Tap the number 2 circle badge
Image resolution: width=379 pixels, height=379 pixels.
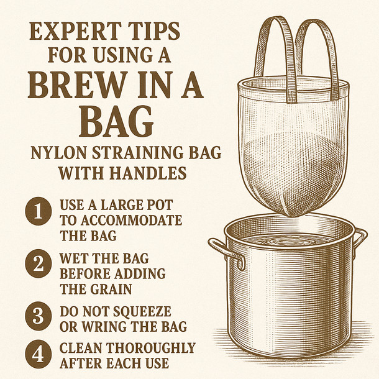point(38,265)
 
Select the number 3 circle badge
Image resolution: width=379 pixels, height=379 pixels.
point(38,316)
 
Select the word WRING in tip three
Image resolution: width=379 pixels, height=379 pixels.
point(105,325)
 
